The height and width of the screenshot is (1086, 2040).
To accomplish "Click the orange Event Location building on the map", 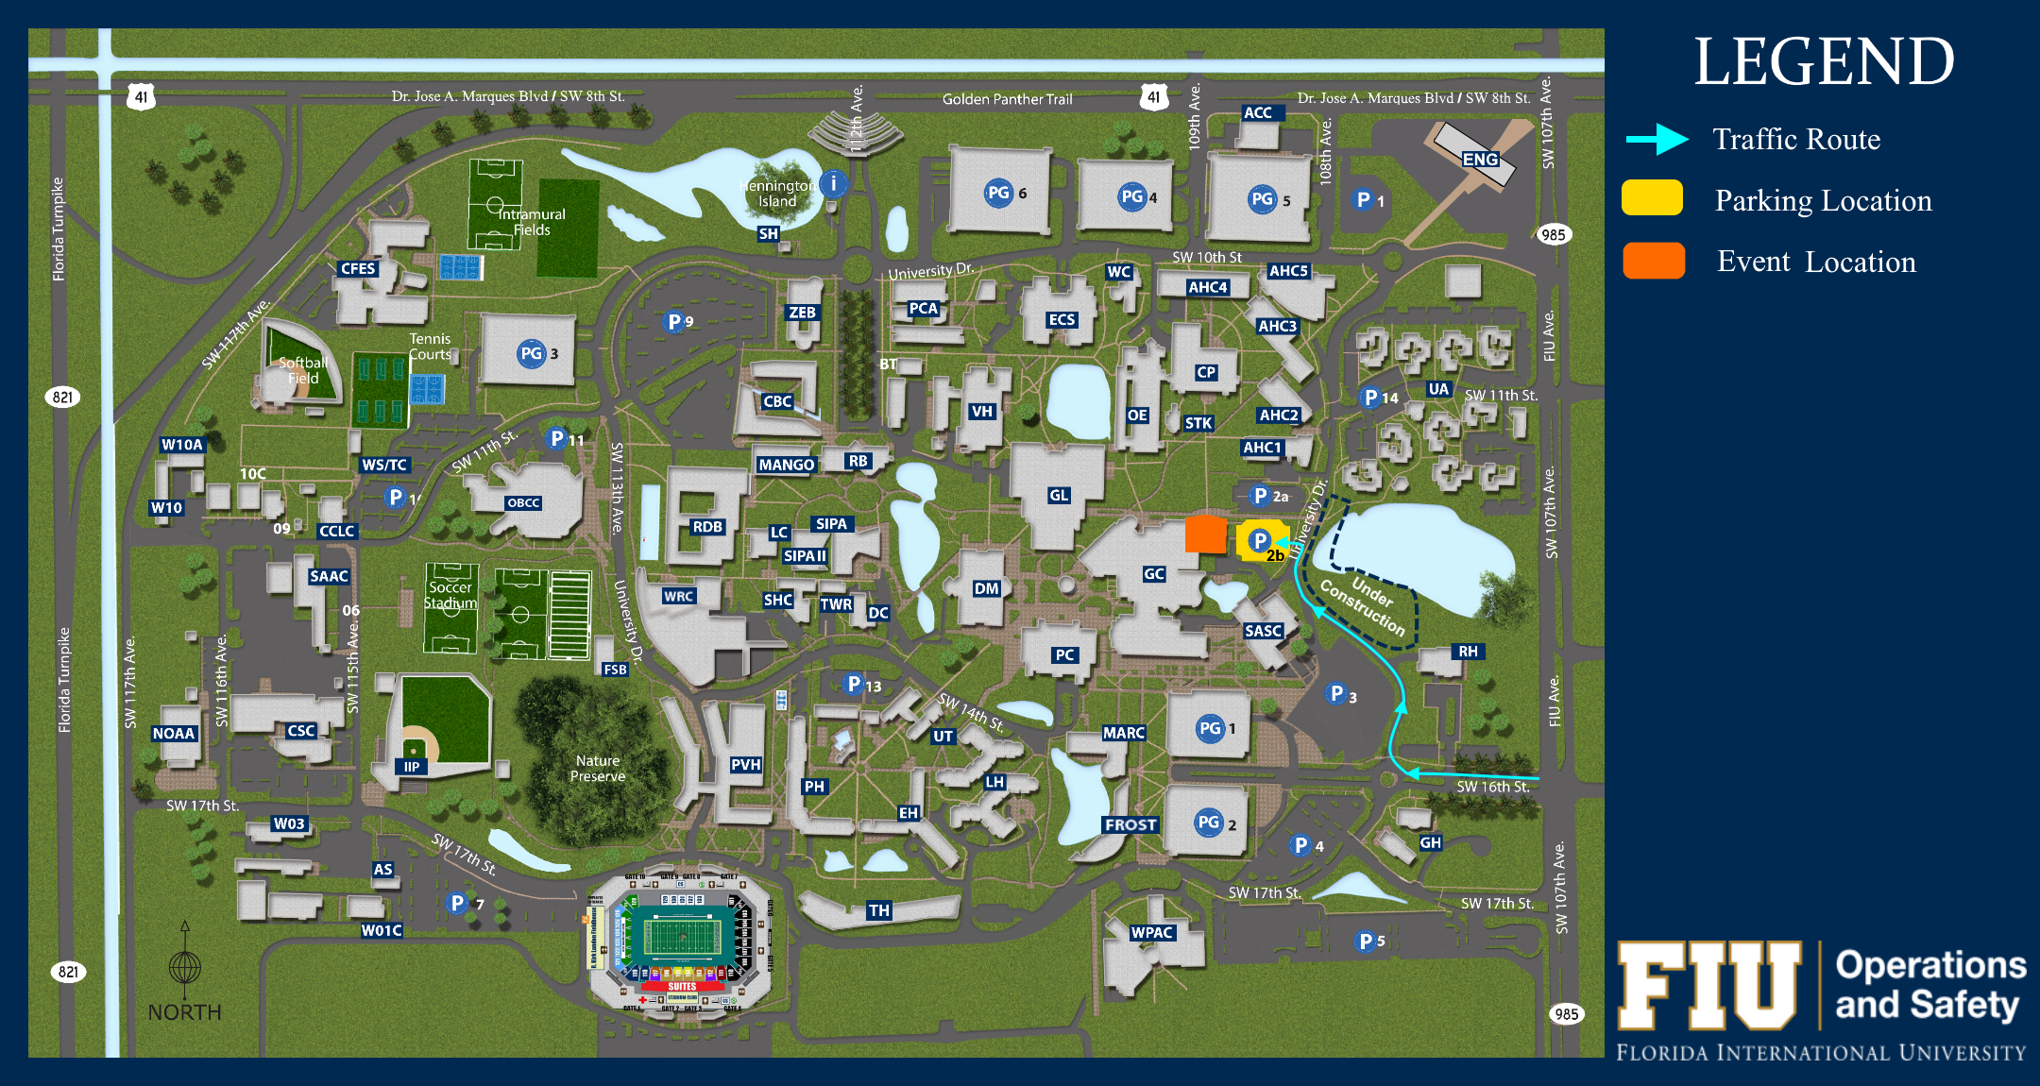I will tap(1205, 534).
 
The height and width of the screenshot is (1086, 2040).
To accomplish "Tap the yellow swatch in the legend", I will tap(1652, 198).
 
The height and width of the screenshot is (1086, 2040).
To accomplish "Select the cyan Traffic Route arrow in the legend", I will tap(1657, 140).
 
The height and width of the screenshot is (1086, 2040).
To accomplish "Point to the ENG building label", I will tap(1480, 160).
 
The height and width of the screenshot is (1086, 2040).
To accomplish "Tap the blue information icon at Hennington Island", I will tap(833, 183).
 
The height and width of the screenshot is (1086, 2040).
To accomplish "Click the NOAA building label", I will tap(174, 734).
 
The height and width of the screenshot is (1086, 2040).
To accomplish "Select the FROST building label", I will tap(1130, 824).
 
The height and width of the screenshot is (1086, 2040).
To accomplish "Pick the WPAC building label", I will tap(1152, 932).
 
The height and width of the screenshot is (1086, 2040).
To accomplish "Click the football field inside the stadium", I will tap(682, 937).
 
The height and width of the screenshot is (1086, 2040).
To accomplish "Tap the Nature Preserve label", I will tap(598, 768).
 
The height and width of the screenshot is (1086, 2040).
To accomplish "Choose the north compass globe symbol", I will tap(185, 968).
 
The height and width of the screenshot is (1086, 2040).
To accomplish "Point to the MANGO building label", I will tap(786, 465).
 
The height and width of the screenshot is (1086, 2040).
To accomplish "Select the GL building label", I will tap(1059, 495).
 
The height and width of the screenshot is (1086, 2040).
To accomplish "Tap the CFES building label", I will tap(358, 268).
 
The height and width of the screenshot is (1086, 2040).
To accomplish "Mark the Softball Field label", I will tap(303, 370).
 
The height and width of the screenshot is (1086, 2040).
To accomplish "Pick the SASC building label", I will tap(1263, 631).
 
